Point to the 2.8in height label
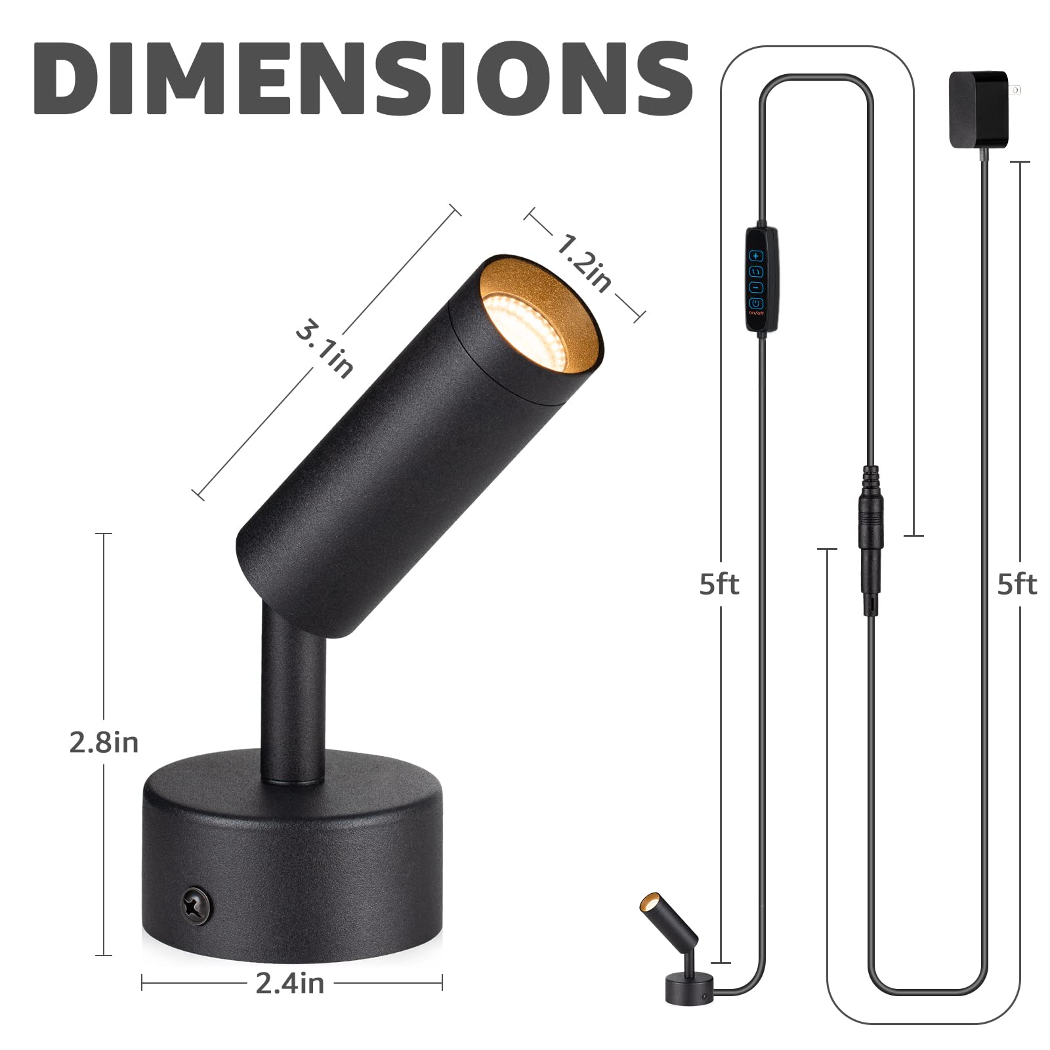104,742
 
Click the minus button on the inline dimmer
757,287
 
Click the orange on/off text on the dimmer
757,312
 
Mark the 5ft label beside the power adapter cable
1017,583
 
